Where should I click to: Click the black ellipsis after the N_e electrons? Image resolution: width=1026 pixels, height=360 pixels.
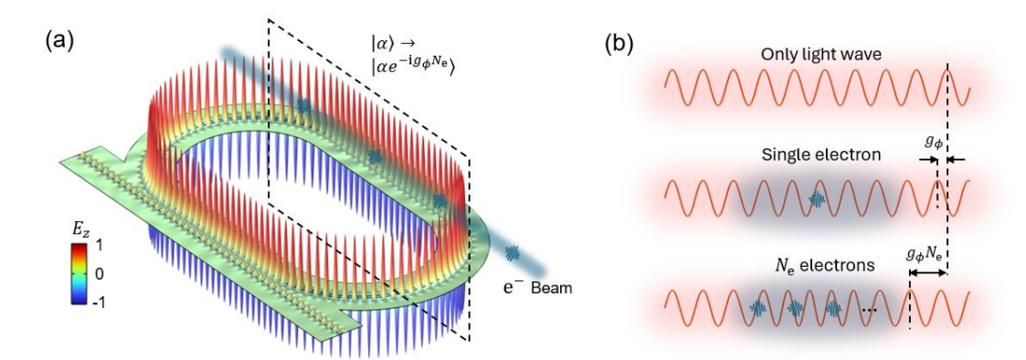[x=869, y=311]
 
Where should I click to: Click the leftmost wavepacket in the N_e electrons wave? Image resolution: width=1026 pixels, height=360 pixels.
[x=757, y=309]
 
